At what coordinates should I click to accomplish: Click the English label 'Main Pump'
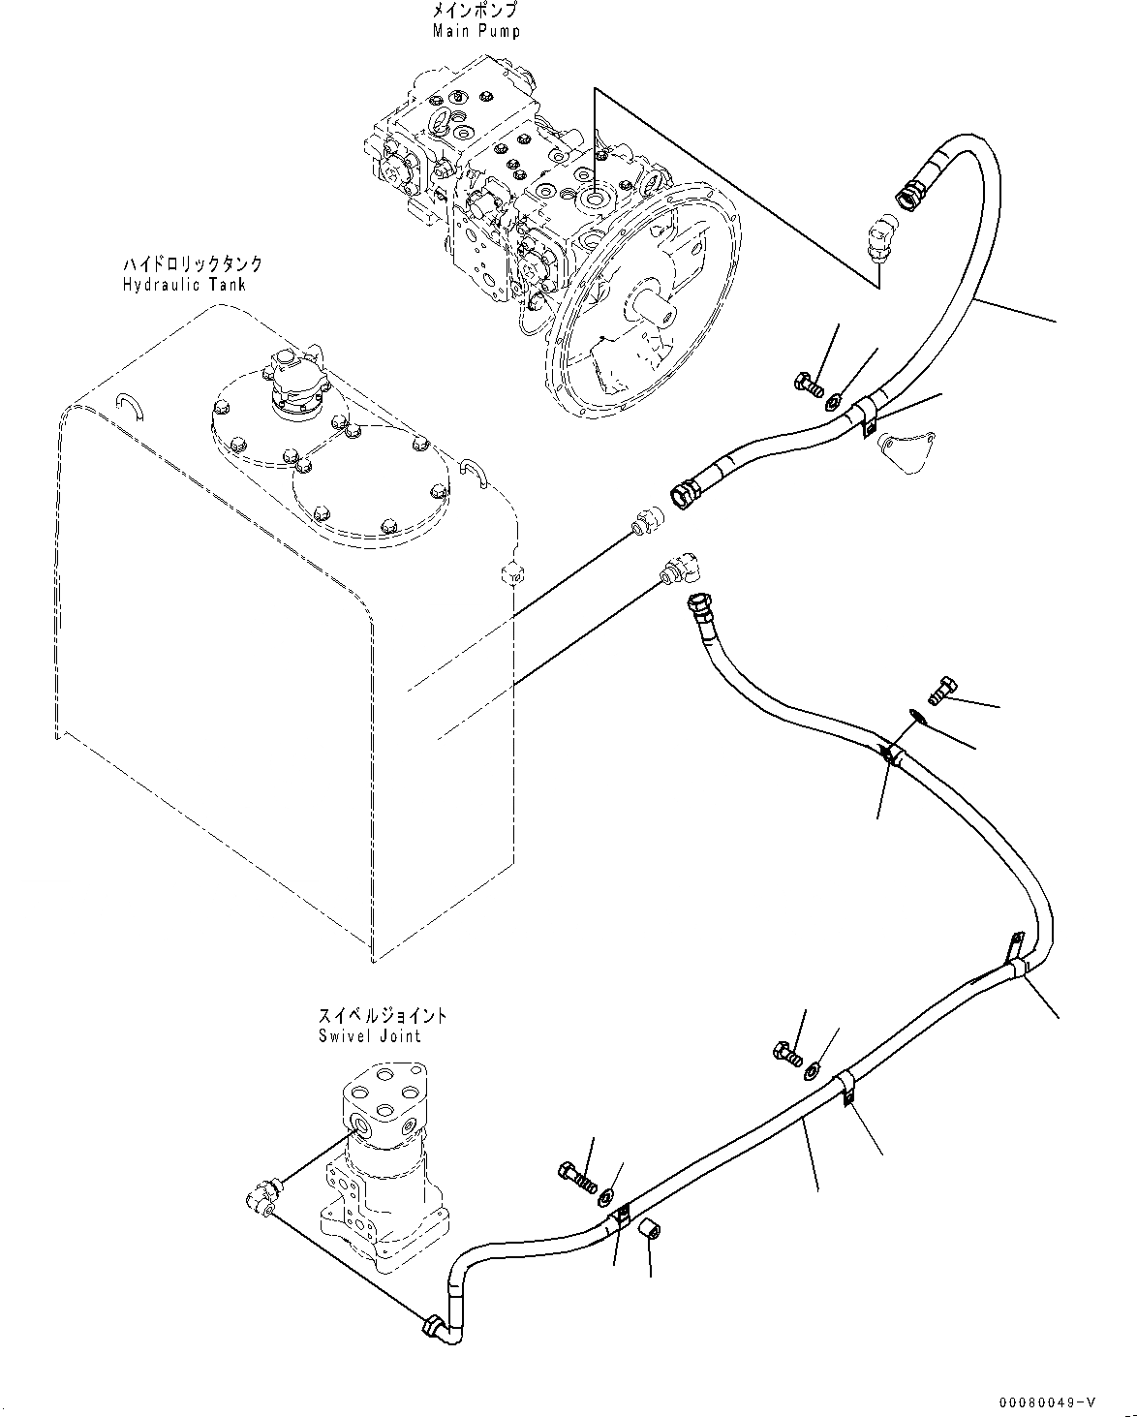[x=476, y=31]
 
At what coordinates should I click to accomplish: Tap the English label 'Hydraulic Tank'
[x=184, y=284]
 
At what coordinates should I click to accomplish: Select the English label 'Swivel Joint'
[x=369, y=1035]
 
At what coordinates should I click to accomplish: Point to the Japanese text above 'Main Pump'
[x=476, y=12]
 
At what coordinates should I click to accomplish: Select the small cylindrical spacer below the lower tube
[x=650, y=1230]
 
